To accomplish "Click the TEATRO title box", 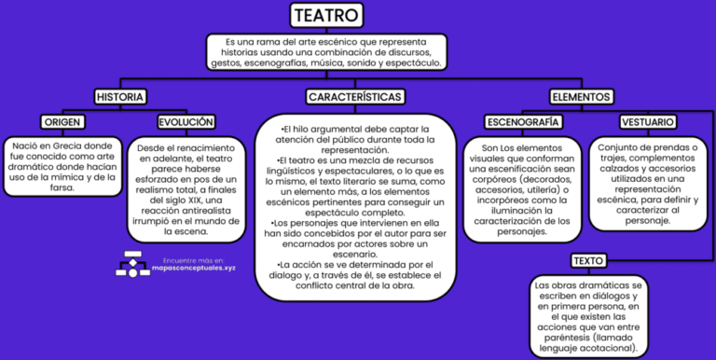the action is tap(326, 15).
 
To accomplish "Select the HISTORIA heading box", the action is tap(119, 97).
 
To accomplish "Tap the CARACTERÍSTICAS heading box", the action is tap(354, 97).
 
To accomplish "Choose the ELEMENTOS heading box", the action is tap(581, 97).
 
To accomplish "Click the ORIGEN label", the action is tap(63, 122).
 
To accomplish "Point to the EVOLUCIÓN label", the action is tap(186, 122).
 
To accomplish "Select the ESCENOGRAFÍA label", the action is tap(523, 122).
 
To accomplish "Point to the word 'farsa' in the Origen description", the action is tap(63, 187).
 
